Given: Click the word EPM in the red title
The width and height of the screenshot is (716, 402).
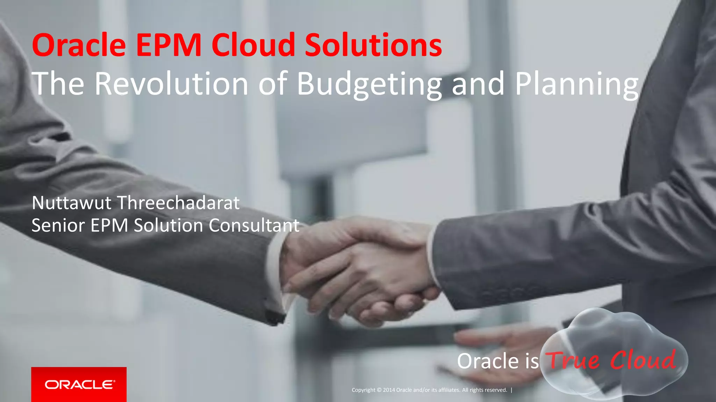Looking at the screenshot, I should tap(169, 45).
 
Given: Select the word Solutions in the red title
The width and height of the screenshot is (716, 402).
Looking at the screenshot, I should tap(373, 45).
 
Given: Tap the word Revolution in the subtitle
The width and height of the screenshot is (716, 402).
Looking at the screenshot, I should tap(171, 84).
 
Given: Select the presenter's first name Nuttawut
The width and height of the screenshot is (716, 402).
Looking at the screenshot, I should tap(71, 203).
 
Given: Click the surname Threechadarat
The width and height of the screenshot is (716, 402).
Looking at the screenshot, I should tap(178, 203).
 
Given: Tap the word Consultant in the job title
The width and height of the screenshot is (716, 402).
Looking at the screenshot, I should tap(254, 225).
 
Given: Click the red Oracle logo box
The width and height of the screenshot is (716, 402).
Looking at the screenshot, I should tap(79, 384).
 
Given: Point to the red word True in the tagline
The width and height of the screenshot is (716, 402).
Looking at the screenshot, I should tap(573, 360).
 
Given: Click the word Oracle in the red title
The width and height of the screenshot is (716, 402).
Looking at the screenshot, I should tap(79, 45).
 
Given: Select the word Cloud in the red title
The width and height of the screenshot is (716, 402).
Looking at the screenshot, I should tap(253, 45).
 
